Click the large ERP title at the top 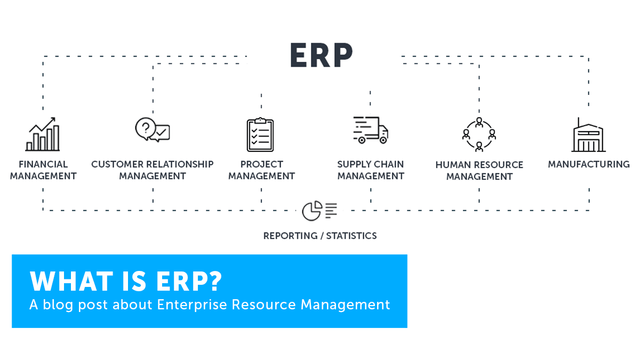point(322,55)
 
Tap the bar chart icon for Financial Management point(43,134)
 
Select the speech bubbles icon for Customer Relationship point(153,130)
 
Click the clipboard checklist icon point(260,134)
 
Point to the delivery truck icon point(371,130)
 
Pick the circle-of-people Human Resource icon point(479,134)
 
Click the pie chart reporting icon point(319,211)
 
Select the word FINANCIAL point(43,164)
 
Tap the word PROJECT point(261,164)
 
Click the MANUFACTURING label point(589,164)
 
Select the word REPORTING point(290,236)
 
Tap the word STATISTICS point(351,236)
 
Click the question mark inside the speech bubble point(146,128)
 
